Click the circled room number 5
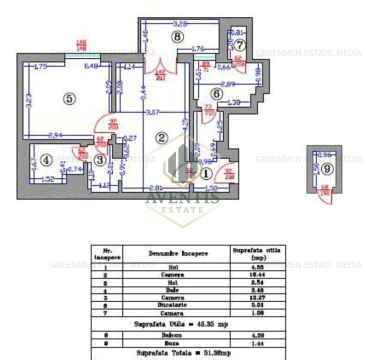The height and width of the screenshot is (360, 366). [x=69, y=99]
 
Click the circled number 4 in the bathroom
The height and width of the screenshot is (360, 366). [x=46, y=160]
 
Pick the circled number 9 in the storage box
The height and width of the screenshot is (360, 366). [x=326, y=169]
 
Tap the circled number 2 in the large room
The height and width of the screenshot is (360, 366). [x=161, y=138]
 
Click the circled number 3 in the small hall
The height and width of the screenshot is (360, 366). [x=100, y=160]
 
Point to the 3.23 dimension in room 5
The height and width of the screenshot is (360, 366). [x=28, y=101]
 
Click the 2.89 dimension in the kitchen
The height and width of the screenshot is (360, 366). [x=228, y=84]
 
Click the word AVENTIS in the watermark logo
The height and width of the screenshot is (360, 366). [x=182, y=197]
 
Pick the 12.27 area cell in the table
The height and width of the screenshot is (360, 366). [x=258, y=297]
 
